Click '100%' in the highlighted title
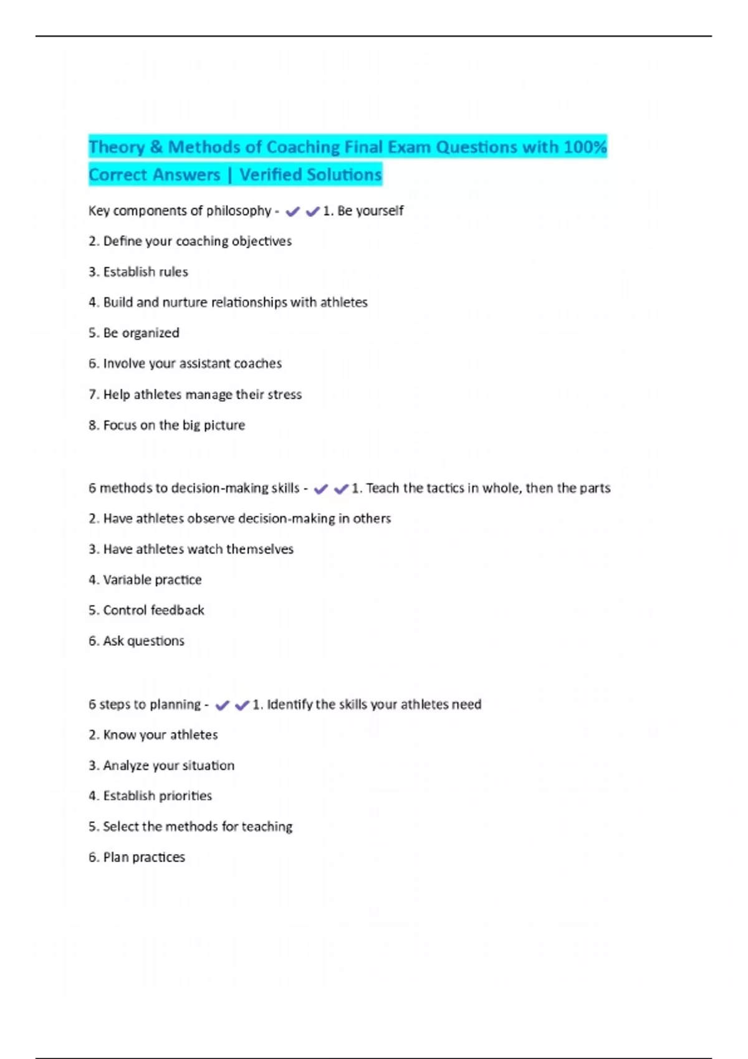tap(585, 147)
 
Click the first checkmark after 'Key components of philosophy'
tap(292, 212)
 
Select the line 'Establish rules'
tap(138, 272)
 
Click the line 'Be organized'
tap(134, 333)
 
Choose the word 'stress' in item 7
tap(284, 394)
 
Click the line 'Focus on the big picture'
tap(167, 425)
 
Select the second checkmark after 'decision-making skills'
tap(340, 489)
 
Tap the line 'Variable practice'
tap(145, 579)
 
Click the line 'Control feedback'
tap(146, 610)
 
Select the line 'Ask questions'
tap(137, 640)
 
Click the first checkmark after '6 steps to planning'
tap(222, 705)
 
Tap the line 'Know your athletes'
tap(153, 734)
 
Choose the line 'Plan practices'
tap(137, 857)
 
